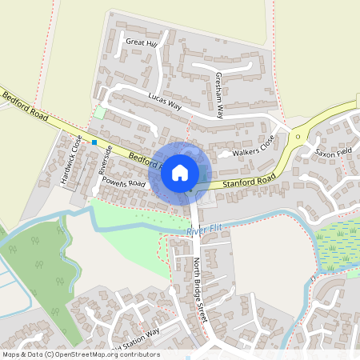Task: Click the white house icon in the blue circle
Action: pyautogui.click(x=180, y=173)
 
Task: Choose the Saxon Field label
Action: pyautogui.click(x=334, y=150)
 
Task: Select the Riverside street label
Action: pyautogui.click(x=102, y=160)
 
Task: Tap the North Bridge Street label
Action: pyautogui.click(x=200, y=290)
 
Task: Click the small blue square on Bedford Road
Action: pyautogui.click(x=94, y=142)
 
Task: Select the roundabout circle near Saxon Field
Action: pyautogui.click(x=298, y=137)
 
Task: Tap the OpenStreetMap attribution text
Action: pyautogui.click(x=81, y=354)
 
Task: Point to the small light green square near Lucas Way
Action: pyautogui.click(x=99, y=113)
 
